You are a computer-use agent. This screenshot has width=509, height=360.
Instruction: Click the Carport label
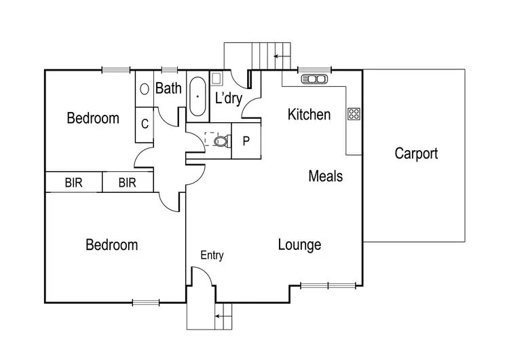[x=416, y=154]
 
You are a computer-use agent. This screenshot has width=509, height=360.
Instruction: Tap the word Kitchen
[x=309, y=114]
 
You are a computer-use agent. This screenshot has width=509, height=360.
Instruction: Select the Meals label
[x=325, y=177]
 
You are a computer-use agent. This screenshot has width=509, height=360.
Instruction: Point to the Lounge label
[x=299, y=245]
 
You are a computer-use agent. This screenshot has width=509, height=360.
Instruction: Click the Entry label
[x=212, y=255]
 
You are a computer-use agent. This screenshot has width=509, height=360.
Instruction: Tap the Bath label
[x=168, y=88]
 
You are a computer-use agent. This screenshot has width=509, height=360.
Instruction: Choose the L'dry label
[x=229, y=98]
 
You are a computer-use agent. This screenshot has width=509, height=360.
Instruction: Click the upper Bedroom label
[x=93, y=118]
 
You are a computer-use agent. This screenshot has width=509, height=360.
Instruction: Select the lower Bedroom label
[x=111, y=245]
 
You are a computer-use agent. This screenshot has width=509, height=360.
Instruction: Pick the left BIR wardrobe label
[x=73, y=183]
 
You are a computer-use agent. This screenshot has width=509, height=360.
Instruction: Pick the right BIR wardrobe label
[x=127, y=183]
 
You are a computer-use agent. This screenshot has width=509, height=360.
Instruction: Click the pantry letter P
[x=246, y=141]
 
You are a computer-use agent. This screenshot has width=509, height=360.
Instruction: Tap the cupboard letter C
[x=145, y=124]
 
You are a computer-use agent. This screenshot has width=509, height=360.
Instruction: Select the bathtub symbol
[x=197, y=96]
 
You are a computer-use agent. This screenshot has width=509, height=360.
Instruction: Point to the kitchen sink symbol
[x=314, y=79]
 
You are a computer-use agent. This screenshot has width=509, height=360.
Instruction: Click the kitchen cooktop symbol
[x=354, y=113]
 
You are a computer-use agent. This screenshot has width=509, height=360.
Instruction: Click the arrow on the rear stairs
[x=278, y=56]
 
